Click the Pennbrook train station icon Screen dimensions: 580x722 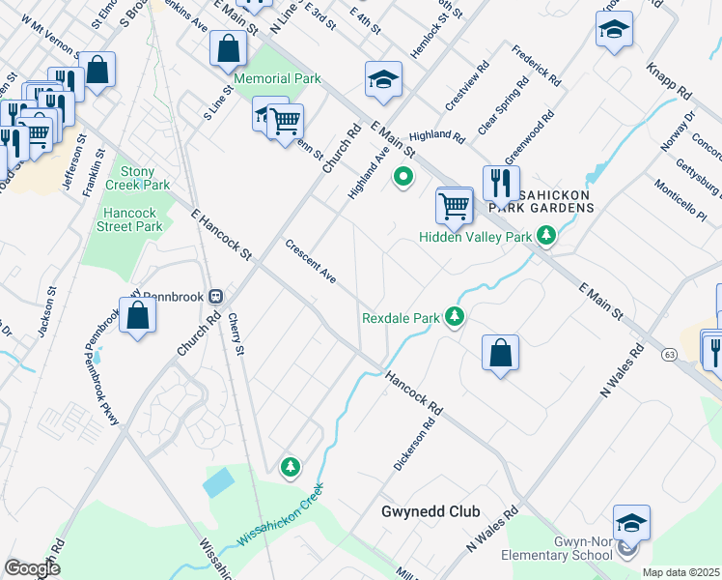217,297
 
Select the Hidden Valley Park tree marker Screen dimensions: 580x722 546,236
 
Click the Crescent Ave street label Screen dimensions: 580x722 310,261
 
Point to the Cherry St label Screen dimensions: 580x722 236,338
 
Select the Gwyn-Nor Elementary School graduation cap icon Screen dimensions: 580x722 631,523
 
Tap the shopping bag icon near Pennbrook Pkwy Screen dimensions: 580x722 138,315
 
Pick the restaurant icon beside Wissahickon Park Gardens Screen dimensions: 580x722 501,182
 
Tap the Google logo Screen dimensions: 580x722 33,568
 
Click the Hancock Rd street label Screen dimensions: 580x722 413,393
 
